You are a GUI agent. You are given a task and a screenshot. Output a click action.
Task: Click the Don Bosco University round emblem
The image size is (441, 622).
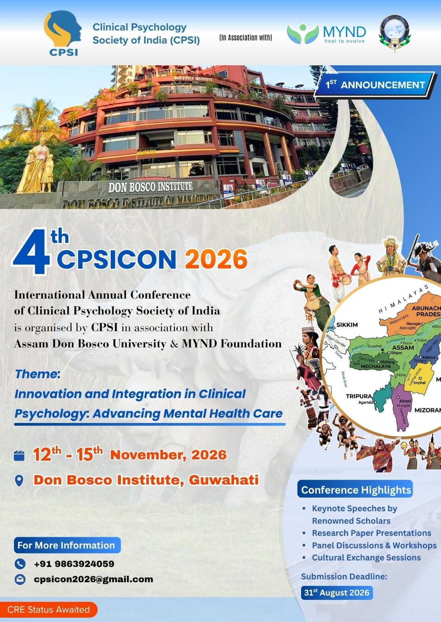pyautogui.click(x=394, y=33)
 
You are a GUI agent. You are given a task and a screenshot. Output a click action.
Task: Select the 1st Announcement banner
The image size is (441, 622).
pyautogui.click(x=375, y=85)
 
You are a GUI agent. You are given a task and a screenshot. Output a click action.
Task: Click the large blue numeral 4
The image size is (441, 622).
pyautogui.click(x=32, y=253)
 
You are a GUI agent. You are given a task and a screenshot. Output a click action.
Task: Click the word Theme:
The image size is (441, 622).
pyautogui.click(x=37, y=374)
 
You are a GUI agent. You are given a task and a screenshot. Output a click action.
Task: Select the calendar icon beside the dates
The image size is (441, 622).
pyautogui.click(x=19, y=455)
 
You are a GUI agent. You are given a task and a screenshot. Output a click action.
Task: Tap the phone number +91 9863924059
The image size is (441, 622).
pyautogui.click(x=74, y=564)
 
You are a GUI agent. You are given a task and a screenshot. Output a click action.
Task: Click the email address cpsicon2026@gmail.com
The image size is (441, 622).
pyautogui.click(x=93, y=579)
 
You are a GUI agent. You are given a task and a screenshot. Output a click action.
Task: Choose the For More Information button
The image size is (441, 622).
pyautogui.click(x=66, y=545)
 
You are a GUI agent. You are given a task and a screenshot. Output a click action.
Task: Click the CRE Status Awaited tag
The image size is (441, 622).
pyautogui.click(x=48, y=610)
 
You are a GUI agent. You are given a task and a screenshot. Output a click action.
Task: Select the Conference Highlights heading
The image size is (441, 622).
pyautogui.click(x=356, y=490)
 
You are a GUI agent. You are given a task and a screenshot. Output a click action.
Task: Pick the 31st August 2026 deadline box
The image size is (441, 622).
pyautogui.click(x=336, y=592)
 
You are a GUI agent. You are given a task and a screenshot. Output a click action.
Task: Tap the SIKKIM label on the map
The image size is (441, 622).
pyautogui.click(x=347, y=325)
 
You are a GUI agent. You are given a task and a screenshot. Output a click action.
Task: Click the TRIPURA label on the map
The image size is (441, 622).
pyautogui.click(x=359, y=396)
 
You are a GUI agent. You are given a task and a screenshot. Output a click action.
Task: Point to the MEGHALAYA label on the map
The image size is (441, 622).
pyautogui.click(x=376, y=366)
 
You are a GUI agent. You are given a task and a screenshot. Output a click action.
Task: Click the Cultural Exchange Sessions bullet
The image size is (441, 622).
pyautogui.click(x=366, y=557)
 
